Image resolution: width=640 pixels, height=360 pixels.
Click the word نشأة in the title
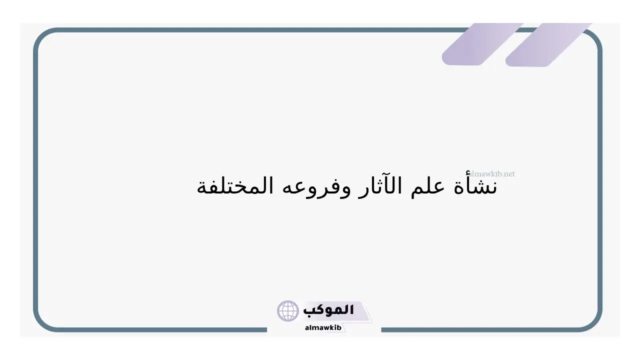(475, 185)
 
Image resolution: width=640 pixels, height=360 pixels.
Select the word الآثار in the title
(380, 185)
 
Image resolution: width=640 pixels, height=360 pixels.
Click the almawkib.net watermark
(491, 173)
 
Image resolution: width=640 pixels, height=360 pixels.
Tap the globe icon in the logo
(287, 310)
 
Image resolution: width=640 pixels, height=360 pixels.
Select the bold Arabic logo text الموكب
(328, 310)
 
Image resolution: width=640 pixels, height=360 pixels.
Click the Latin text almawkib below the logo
(323, 327)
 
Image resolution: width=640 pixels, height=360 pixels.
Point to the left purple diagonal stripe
(482, 44)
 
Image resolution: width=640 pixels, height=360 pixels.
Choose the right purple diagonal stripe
(548, 44)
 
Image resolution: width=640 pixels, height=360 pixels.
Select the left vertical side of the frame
(35, 180)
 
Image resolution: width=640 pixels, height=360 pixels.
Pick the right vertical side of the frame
(599, 180)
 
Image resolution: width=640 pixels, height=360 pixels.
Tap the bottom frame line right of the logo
(479, 329)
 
